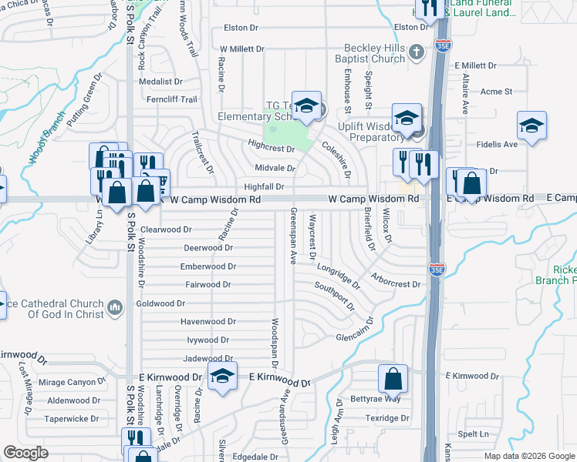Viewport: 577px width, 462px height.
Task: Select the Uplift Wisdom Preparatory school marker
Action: pyautogui.click(x=406, y=118)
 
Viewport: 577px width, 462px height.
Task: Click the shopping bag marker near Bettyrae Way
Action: pyautogui.click(x=393, y=378)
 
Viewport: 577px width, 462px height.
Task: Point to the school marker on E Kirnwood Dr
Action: pyautogui.click(x=222, y=377)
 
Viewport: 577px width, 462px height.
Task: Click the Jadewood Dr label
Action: pyautogui.click(x=208, y=359)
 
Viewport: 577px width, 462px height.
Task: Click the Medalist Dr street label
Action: pyautogui.click(x=160, y=81)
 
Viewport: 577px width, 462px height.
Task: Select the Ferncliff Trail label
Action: pyautogui.click(x=173, y=99)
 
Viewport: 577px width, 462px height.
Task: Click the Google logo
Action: pyautogui.click(x=25, y=453)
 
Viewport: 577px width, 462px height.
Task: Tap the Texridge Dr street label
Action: pyautogui.click(x=387, y=418)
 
